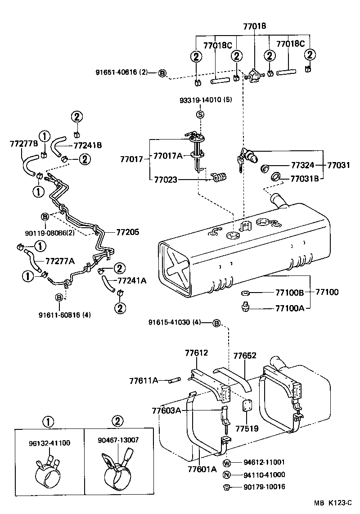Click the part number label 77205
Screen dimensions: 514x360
pyautogui.click(x=128, y=232)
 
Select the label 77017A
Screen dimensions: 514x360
pyautogui.click(x=168, y=156)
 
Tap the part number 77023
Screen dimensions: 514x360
pyautogui.click(x=166, y=180)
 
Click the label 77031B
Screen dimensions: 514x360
pyautogui.click(x=305, y=179)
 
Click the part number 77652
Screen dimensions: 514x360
pyautogui.click(x=245, y=356)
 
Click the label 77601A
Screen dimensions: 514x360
pyautogui.click(x=202, y=469)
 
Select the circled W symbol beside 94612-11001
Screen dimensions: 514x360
pyautogui.click(x=227, y=462)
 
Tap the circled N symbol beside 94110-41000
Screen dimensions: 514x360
pyautogui.click(x=227, y=474)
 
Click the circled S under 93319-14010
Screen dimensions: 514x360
pyautogui.click(x=201, y=114)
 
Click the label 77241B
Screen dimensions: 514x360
pyautogui.click(x=87, y=145)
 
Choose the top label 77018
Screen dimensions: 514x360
pyautogui.click(x=255, y=27)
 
